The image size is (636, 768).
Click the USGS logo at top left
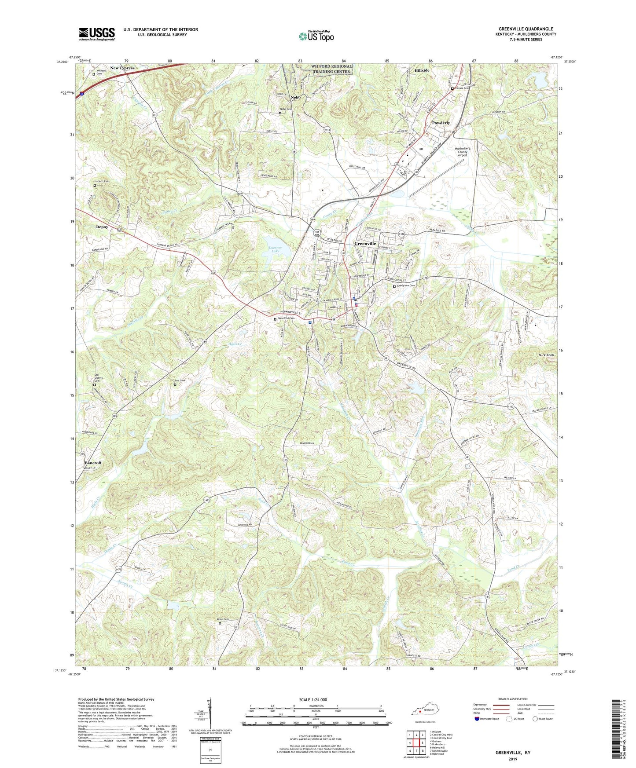tap(97, 33)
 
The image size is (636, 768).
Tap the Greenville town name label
tap(365, 243)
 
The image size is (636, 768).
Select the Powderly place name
tap(441, 123)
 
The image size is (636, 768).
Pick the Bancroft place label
tap(93, 463)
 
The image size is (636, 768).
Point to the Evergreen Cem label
tap(405, 285)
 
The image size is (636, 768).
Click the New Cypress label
tap(122, 68)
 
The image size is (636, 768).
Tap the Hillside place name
tap(422, 70)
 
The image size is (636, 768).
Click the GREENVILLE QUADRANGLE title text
tap(526, 29)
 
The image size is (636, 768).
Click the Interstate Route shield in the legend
tap(478, 719)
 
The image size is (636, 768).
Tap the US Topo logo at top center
tap(316, 36)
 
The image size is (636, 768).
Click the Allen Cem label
tap(223, 619)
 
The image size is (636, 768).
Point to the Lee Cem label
tap(180, 380)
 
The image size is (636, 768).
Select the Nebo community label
tap(295, 97)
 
